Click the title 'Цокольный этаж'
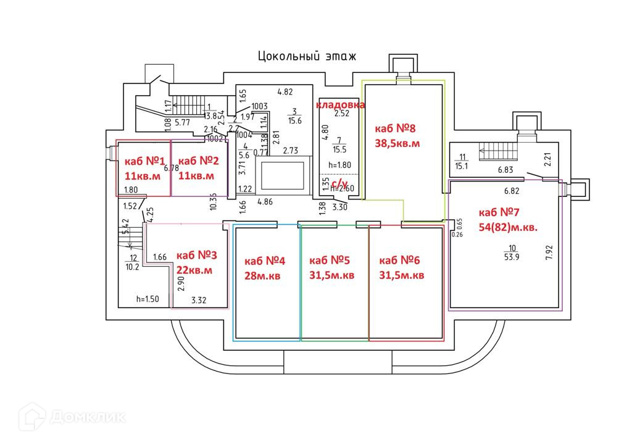(x=307, y=57)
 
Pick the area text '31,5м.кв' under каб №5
(x=331, y=275)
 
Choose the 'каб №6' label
(x=402, y=261)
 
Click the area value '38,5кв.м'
(x=397, y=143)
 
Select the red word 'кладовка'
(x=340, y=105)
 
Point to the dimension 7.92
(x=549, y=253)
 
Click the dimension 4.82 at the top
(x=285, y=93)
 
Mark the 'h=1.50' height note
(x=148, y=299)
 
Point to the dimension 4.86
(x=265, y=201)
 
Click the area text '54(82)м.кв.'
(x=508, y=227)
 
